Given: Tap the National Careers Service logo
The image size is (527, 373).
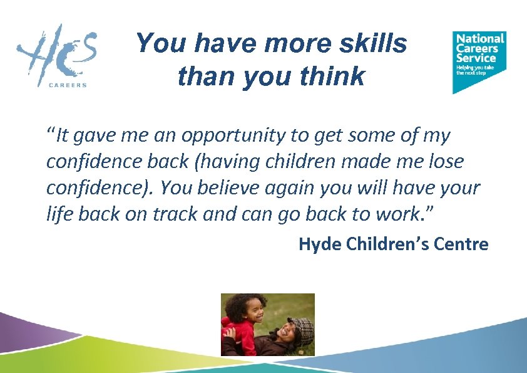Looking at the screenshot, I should click(x=479, y=60).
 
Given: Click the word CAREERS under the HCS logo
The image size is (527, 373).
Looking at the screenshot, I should click(x=68, y=85).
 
